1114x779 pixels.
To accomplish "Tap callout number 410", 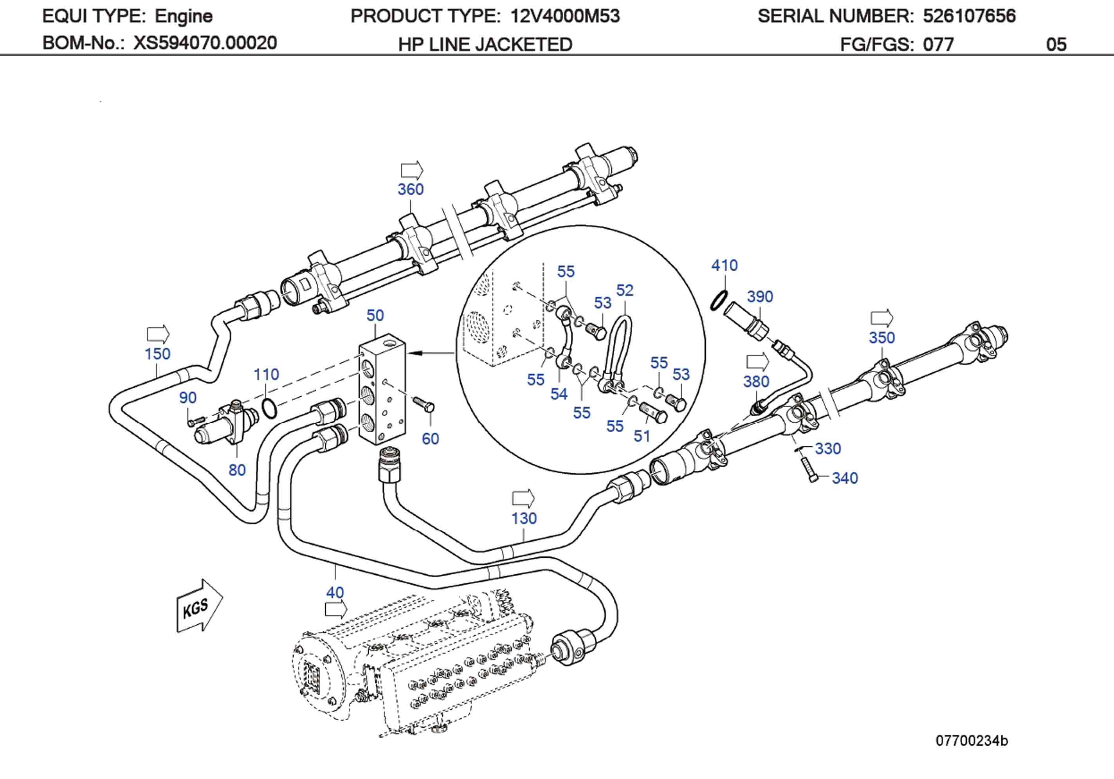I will [725, 265].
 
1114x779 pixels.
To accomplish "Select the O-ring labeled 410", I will [719, 300].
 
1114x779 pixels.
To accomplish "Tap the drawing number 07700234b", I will [972, 741].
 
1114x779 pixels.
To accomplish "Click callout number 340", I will [845, 478].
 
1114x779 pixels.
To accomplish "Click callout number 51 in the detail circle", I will [642, 436].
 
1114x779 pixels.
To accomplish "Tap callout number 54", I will [559, 394].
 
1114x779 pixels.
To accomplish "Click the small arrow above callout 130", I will [523, 498].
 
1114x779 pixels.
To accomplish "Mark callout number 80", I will [237, 470].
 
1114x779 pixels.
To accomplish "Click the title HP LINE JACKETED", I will [485, 45].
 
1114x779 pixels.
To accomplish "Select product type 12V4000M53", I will [565, 16].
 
